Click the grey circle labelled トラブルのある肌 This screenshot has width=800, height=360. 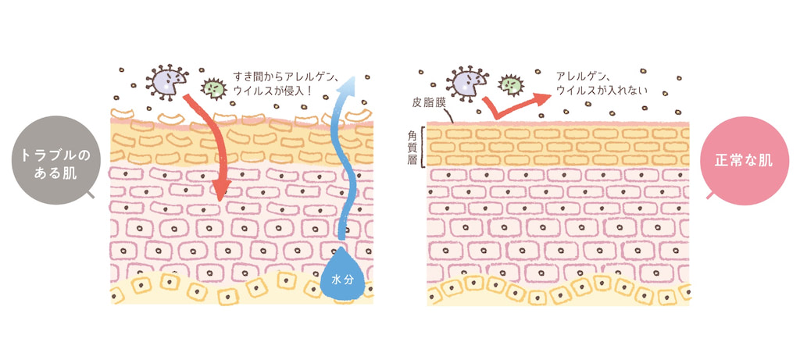(55, 160)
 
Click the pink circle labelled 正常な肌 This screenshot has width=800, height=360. (745, 161)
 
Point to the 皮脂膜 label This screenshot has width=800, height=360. (429, 102)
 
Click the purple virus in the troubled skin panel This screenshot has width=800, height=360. (167, 82)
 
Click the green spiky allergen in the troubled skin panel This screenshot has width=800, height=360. (213, 88)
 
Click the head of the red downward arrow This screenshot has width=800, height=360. (220, 190)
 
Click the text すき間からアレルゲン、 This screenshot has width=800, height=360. (284, 77)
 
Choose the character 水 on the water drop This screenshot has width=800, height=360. (337, 280)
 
